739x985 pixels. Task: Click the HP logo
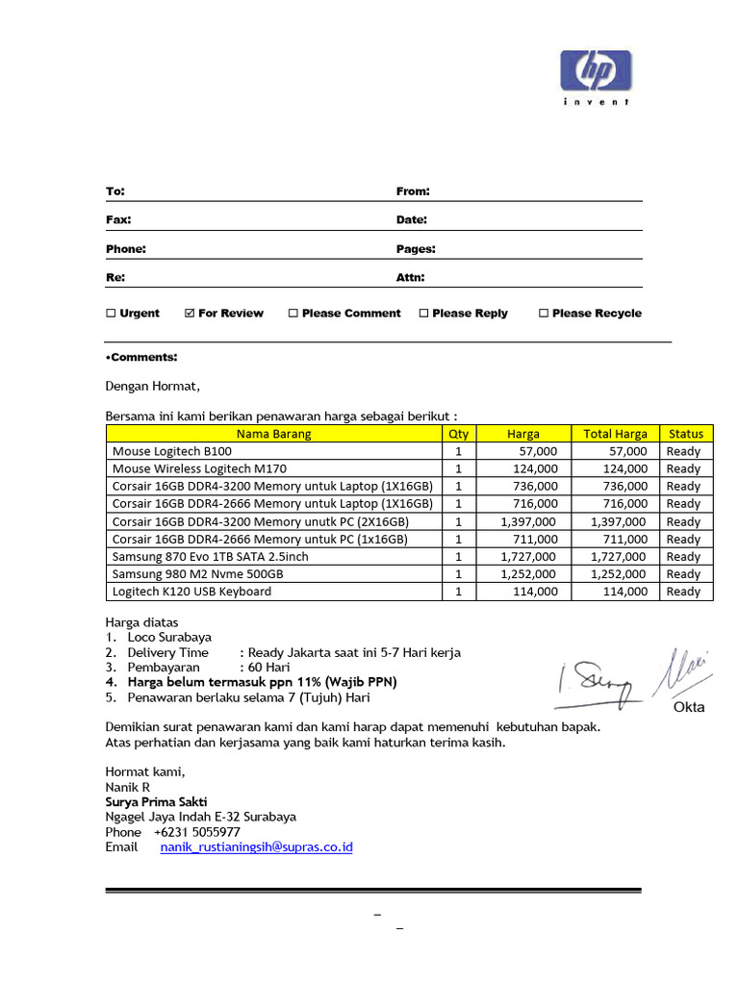[596, 71]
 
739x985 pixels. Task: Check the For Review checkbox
[190, 314]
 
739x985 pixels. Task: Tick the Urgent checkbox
[111, 314]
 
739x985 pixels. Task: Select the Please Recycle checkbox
[544, 314]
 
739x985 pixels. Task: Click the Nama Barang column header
[274, 434]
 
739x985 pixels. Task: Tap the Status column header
[685, 434]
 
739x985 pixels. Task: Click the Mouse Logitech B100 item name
[172, 451]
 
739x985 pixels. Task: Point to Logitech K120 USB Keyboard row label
[191, 592]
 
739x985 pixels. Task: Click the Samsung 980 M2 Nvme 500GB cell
[197, 574]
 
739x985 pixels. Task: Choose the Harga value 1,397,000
[528, 521]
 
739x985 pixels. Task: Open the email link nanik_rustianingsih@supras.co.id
[256, 847]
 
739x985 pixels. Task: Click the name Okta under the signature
[689, 707]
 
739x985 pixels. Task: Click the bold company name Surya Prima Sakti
[156, 801]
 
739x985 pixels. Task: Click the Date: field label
[412, 220]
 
